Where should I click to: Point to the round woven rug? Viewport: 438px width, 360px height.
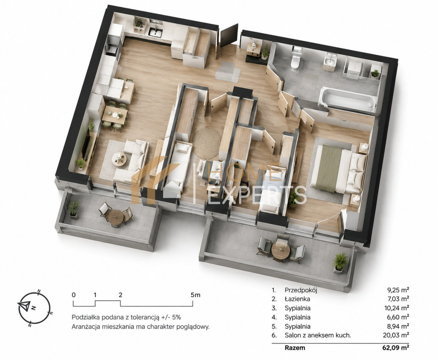point(207,143)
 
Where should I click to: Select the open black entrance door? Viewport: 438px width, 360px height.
point(229,35)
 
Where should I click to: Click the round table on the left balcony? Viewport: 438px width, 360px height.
point(115,218)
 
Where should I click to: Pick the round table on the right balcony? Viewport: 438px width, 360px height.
point(281,250)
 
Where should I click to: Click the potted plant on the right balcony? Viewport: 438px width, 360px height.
point(340,262)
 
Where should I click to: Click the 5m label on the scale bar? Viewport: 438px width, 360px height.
point(195,295)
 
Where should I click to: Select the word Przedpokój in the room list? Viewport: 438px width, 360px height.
point(301,290)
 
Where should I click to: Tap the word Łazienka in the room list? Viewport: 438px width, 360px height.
point(297,299)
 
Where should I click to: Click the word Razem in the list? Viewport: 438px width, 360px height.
point(295,348)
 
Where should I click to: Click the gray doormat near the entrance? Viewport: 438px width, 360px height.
point(228,72)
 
